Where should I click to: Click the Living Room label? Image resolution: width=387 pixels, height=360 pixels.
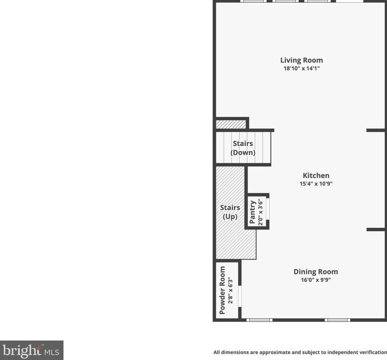[x=301, y=60]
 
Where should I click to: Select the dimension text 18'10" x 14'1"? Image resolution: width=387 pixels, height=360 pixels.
[x=301, y=68]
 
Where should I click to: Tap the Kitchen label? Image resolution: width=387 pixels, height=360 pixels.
[x=316, y=176]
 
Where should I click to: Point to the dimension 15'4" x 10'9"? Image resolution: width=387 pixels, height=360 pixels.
[x=316, y=184]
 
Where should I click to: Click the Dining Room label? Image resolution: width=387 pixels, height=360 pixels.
[x=316, y=272]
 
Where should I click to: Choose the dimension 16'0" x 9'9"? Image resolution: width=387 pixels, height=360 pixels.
[x=316, y=280]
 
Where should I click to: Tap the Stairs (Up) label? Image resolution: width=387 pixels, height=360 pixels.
[x=230, y=212]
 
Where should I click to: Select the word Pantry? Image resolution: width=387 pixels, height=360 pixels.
[x=253, y=212]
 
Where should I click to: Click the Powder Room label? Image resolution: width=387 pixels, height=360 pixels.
[x=222, y=290]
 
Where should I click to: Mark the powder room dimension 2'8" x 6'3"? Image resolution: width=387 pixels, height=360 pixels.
[x=230, y=290]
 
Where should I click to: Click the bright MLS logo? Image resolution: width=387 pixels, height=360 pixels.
[x=32, y=350]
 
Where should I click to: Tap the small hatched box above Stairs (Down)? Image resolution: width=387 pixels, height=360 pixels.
[x=231, y=124]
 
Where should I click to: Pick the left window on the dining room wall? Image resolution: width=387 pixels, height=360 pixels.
[x=259, y=320]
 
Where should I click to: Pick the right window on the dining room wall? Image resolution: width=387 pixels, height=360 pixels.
[x=337, y=320]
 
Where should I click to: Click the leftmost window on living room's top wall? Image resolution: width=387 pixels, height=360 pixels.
[x=253, y=1]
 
